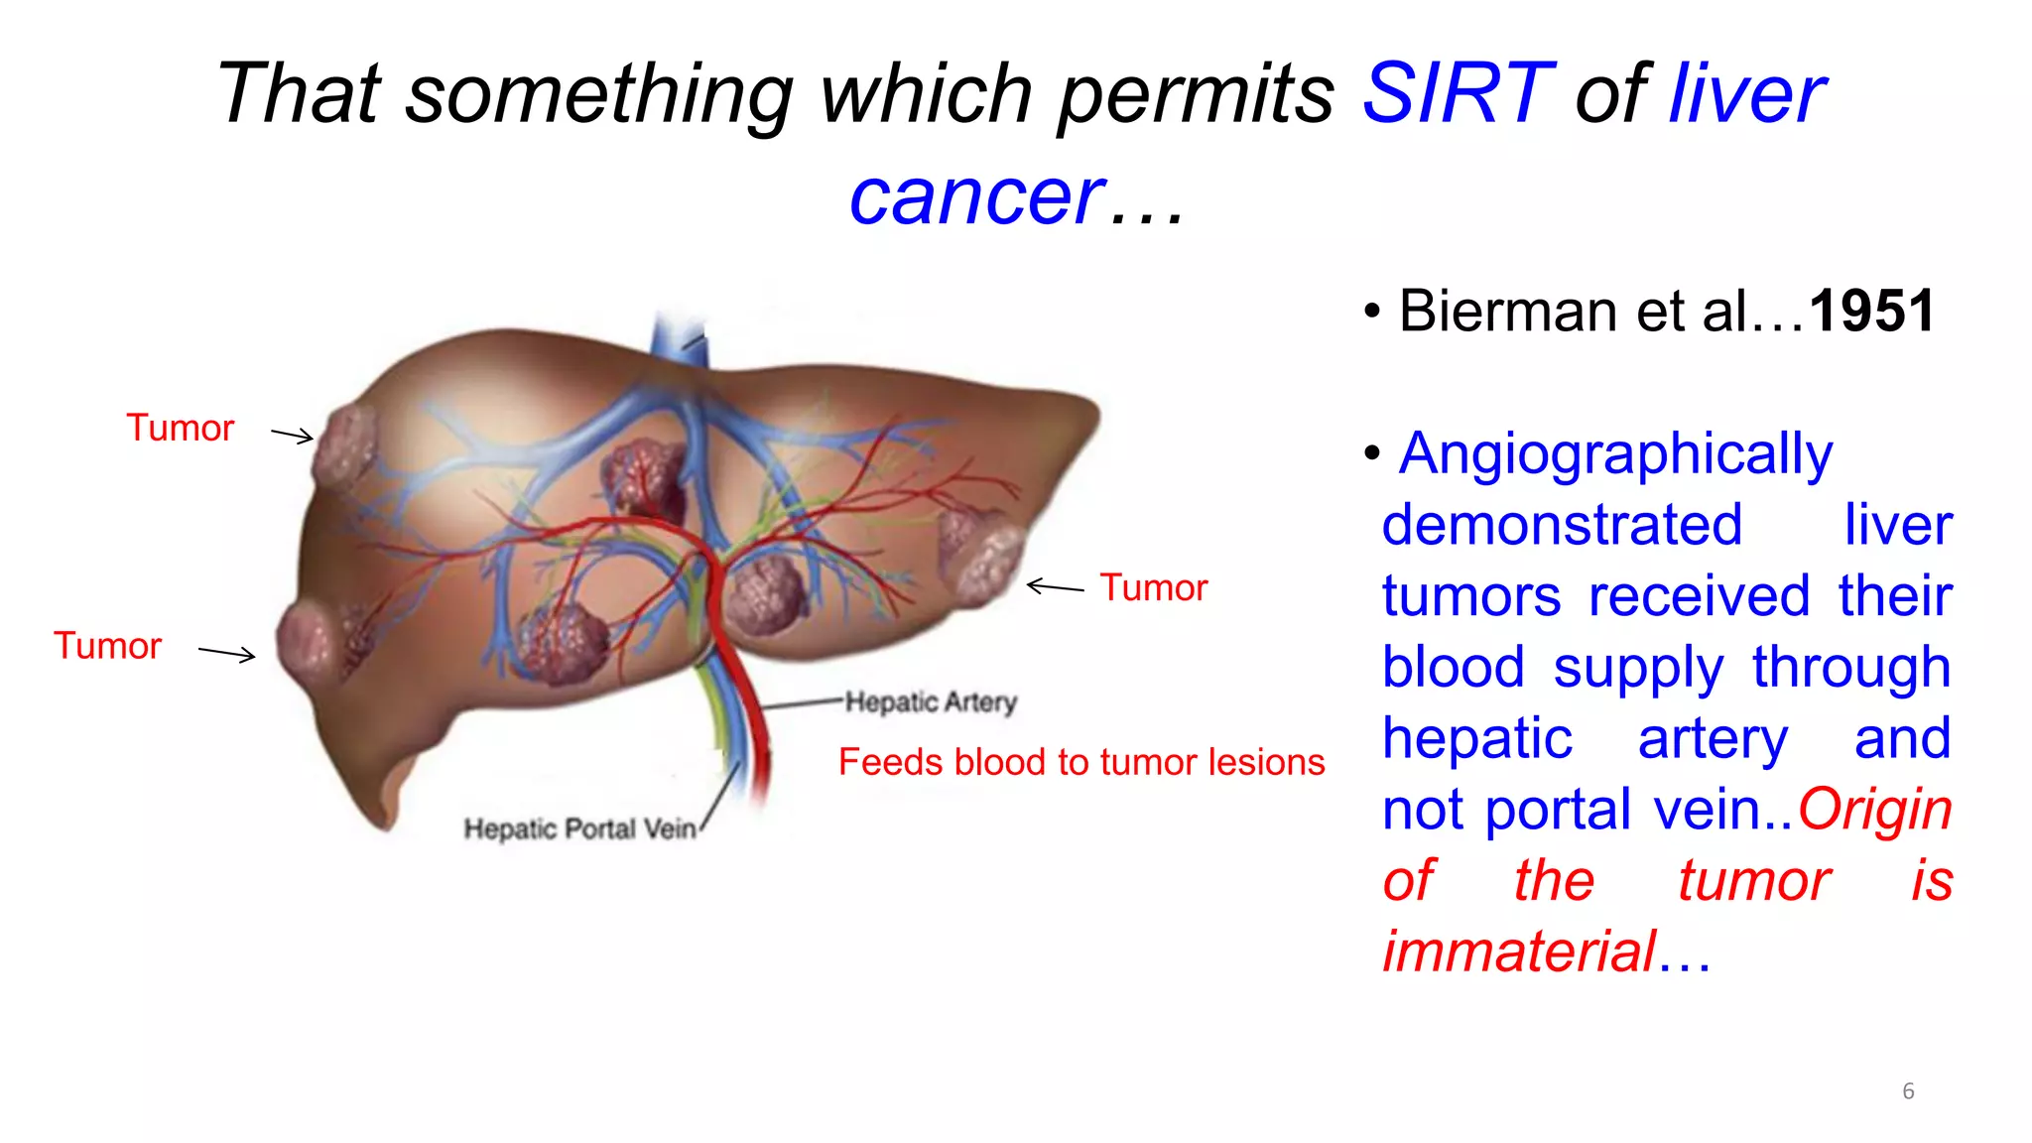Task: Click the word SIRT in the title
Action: (x=1457, y=93)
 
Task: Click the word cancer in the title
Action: (x=976, y=196)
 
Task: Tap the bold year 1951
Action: (x=1871, y=312)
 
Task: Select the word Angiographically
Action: (x=1615, y=454)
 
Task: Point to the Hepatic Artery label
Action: (x=931, y=702)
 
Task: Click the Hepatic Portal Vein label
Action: (x=580, y=828)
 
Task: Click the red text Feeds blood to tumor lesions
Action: (x=1080, y=762)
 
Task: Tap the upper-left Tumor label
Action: (x=180, y=429)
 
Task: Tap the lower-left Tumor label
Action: (x=107, y=647)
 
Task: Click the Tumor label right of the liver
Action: (x=1153, y=588)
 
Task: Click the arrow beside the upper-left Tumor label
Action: (x=293, y=435)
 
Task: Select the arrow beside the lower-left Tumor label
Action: (x=227, y=653)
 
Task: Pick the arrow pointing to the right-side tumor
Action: (x=1055, y=587)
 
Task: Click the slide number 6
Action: (x=1907, y=1091)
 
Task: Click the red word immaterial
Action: (x=1518, y=952)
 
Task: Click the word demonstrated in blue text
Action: (x=1562, y=526)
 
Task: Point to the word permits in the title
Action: (x=1197, y=93)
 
